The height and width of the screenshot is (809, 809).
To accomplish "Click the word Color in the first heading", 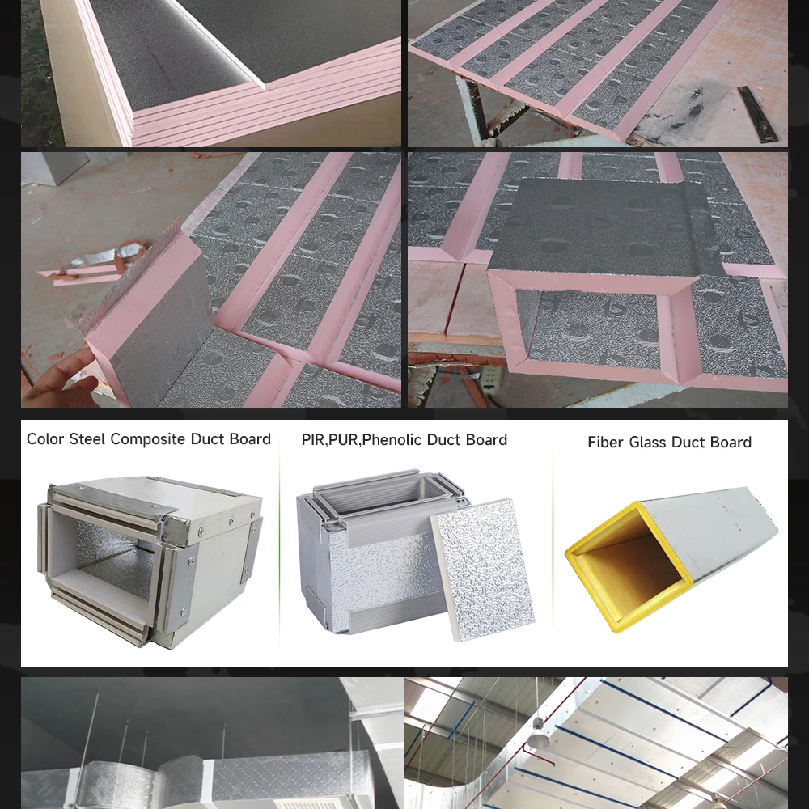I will coord(45,439).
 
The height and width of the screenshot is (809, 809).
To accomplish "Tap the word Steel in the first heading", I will coord(87,439).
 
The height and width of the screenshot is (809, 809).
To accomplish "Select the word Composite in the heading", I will coord(148,440).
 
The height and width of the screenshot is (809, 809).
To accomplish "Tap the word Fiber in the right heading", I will coord(605,443).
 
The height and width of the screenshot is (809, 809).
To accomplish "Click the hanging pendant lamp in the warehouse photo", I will coord(538,740).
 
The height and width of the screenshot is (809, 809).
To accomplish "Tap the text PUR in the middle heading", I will coord(343,440).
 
